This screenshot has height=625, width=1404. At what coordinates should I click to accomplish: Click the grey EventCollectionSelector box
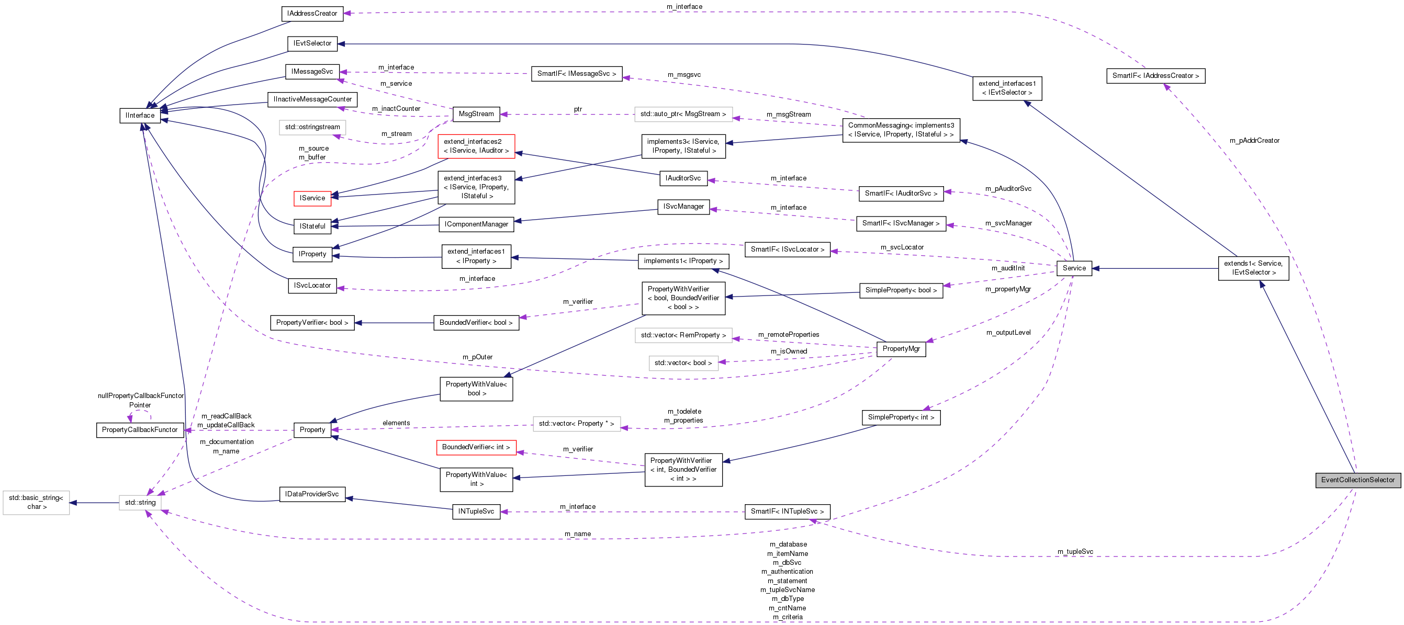(x=1357, y=480)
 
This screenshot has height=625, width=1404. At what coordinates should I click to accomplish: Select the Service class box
(x=1074, y=268)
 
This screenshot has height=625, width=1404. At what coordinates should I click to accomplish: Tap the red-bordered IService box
(x=312, y=198)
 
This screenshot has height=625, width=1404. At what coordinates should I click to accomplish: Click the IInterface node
(x=140, y=116)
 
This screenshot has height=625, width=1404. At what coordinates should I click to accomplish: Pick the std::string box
(x=140, y=503)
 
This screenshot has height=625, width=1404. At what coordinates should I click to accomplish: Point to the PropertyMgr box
(x=901, y=349)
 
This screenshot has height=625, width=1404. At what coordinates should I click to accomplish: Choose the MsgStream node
(x=476, y=114)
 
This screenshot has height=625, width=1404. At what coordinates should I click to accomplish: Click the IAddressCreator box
(x=312, y=14)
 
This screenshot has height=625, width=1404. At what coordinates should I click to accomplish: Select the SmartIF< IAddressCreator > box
(x=1155, y=76)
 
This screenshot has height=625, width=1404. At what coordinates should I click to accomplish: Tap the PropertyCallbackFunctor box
(x=140, y=430)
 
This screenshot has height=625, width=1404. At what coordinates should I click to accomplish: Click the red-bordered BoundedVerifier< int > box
(x=476, y=447)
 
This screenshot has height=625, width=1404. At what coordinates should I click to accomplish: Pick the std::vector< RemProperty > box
(x=683, y=335)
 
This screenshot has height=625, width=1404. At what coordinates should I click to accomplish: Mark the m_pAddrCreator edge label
(x=1254, y=141)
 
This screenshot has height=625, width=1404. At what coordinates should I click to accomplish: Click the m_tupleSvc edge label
(x=1075, y=552)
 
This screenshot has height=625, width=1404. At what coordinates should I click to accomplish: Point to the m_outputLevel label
(x=1008, y=333)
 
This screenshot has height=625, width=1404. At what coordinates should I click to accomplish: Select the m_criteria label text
(x=788, y=617)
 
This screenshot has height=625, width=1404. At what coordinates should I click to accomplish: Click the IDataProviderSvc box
(x=312, y=494)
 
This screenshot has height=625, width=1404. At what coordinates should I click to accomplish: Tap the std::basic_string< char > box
(x=36, y=503)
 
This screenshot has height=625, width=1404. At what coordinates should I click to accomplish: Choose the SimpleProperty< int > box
(x=901, y=417)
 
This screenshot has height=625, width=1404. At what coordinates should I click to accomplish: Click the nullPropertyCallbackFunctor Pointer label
(x=141, y=401)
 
